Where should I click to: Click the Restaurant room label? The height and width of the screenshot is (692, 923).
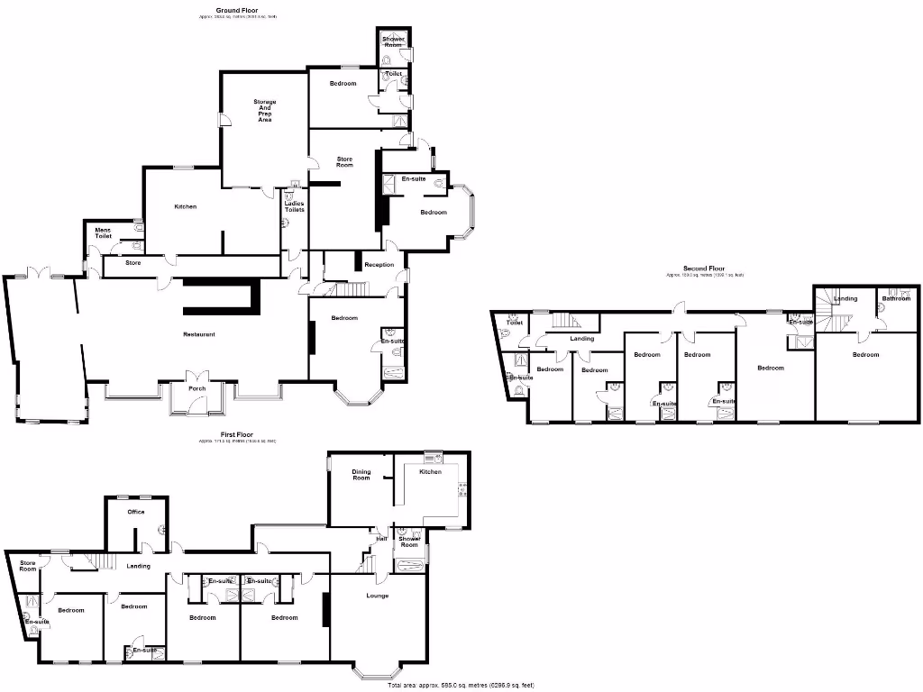tap(199, 334)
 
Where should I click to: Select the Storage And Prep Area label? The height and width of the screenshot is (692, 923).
tap(264, 111)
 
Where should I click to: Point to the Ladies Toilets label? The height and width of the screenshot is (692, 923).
tap(295, 206)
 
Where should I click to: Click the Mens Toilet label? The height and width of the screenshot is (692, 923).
tap(104, 232)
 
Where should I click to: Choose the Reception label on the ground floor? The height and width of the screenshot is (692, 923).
tap(379, 265)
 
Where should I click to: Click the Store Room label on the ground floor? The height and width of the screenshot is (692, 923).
tap(344, 161)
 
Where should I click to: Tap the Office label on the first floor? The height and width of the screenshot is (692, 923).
tap(136, 512)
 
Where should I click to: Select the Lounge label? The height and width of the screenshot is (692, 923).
tap(378, 596)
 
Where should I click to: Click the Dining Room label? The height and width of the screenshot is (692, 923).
tap(361, 474)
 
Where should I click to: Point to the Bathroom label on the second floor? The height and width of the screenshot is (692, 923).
tap(895, 298)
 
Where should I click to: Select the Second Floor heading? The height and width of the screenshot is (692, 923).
tap(704, 269)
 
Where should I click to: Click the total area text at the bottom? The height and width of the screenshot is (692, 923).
tap(472, 686)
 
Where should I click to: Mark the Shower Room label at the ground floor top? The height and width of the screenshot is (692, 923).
tap(393, 41)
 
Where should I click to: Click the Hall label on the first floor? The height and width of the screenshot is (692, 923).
tap(381, 538)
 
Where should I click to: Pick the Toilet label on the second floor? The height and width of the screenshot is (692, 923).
tap(514, 323)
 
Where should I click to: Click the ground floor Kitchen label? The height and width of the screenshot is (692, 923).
tap(185, 206)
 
